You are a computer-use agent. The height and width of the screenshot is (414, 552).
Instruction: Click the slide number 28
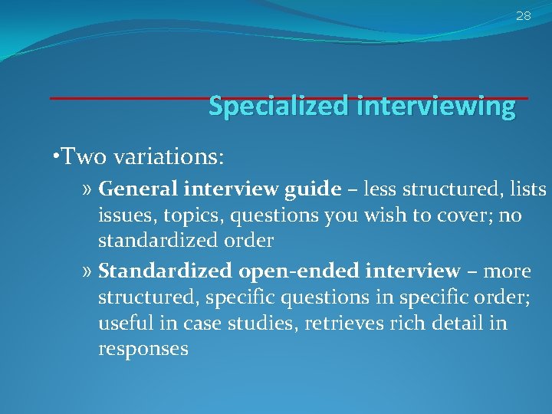[523, 15]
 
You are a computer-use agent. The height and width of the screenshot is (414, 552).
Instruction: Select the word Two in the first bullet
[79, 157]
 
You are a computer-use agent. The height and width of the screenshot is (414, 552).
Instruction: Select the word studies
[259, 323]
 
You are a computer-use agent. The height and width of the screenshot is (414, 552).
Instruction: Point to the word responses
[143, 350]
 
